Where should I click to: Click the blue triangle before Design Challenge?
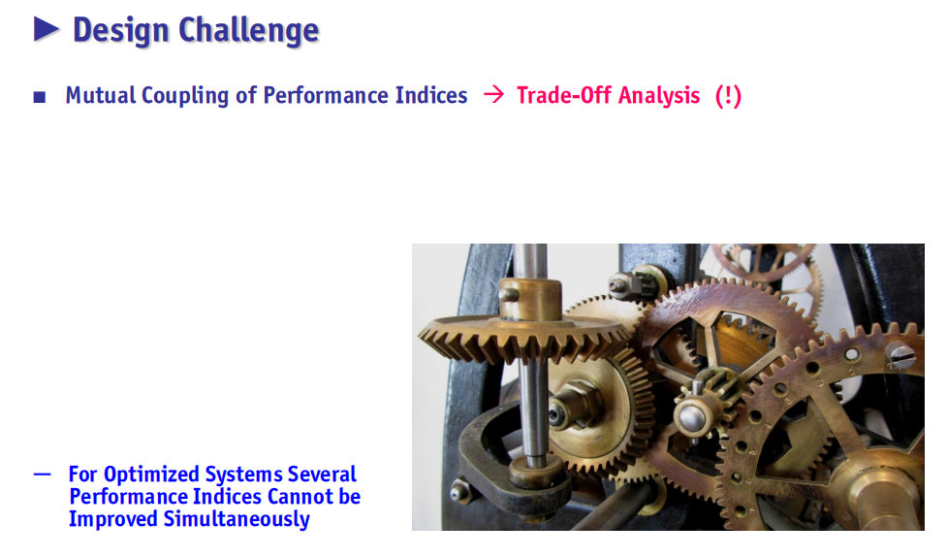(47, 29)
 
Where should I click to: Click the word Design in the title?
(121, 30)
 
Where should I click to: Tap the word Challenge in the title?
(249, 30)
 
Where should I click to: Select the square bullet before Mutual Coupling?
(40, 97)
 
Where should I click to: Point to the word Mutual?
(101, 95)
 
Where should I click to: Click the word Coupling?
(185, 96)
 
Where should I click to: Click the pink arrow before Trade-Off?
(493, 94)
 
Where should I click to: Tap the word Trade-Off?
(564, 95)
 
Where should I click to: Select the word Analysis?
(659, 96)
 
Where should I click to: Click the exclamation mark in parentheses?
(728, 95)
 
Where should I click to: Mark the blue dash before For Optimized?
(43, 475)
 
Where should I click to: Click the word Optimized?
(151, 475)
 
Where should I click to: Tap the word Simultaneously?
(237, 519)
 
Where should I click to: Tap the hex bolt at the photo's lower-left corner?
(460, 491)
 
